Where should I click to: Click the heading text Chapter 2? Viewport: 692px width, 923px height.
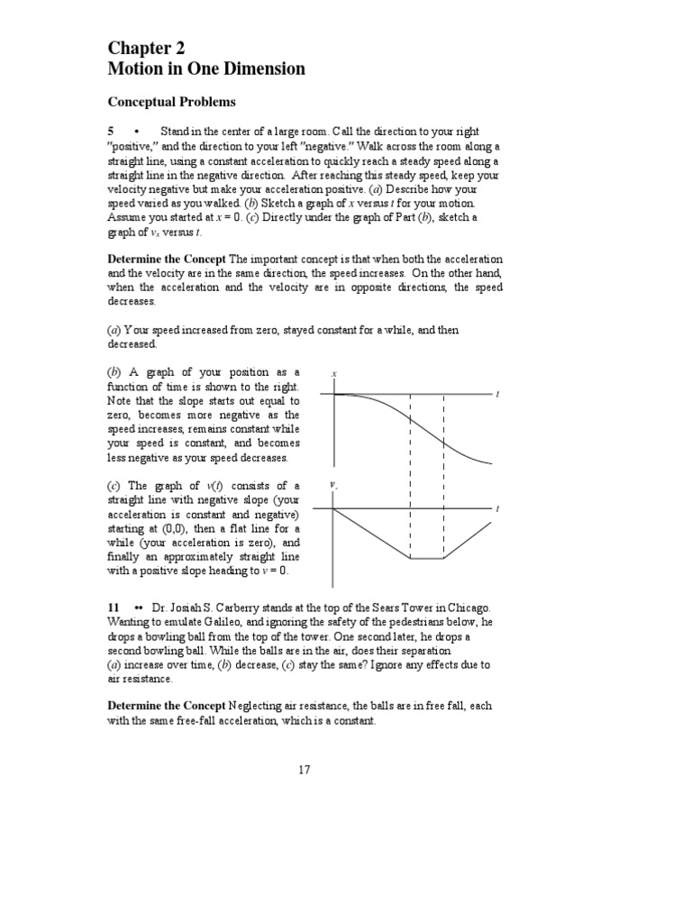coord(148,48)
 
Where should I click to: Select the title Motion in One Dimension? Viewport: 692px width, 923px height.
coord(206,69)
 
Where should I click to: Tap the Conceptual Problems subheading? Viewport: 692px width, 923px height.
coord(172,102)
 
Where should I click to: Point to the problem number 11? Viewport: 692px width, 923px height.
coord(114,608)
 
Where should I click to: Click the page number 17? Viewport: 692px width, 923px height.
coord(304,769)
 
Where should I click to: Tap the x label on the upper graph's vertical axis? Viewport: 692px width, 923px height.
coord(334,373)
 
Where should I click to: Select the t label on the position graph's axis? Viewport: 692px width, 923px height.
coord(497,394)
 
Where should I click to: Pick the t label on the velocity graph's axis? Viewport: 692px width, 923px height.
coord(497,509)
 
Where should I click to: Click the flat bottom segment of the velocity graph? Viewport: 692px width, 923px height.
coord(426,559)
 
